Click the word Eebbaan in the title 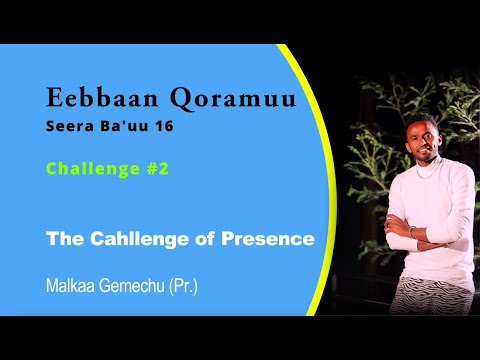point(96,98)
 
